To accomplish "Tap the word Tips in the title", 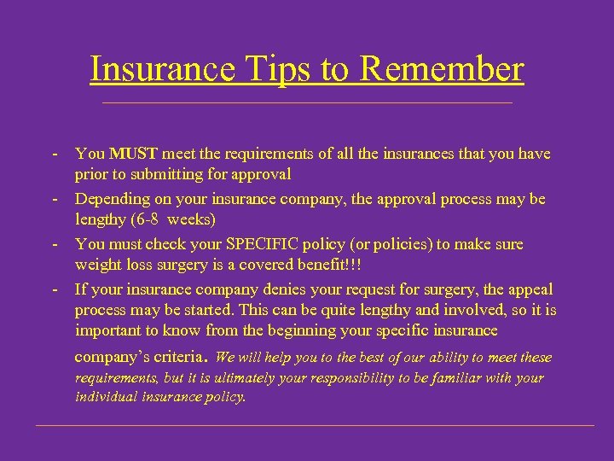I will [x=273, y=68].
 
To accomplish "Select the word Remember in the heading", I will [x=440, y=68].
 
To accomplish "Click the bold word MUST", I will [x=133, y=155].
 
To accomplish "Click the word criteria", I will [x=175, y=357].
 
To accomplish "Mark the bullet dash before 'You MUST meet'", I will [x=54, y=155].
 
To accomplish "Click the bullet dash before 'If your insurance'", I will [x=54, y=289].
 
